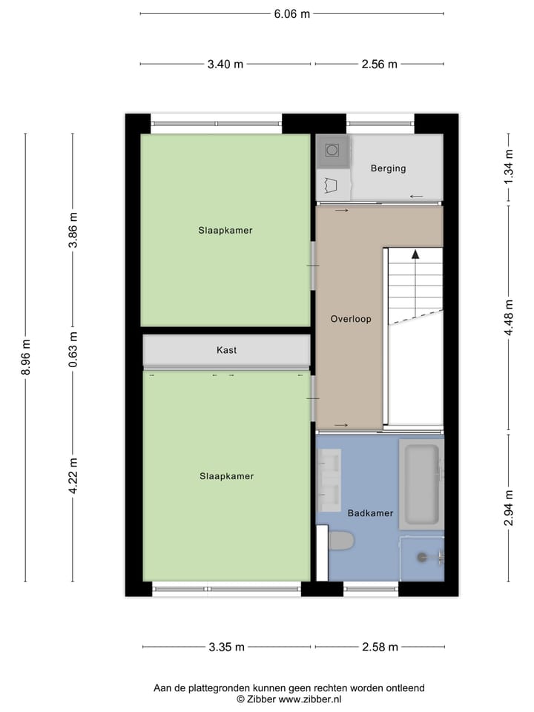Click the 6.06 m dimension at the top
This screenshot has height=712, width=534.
tap(291, 13)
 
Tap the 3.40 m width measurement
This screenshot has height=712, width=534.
tap(225, 65)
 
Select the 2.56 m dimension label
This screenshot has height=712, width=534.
tap(379, 65)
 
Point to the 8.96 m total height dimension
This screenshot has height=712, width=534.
tap(26, 357)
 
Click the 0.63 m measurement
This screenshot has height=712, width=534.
tap(73, 349)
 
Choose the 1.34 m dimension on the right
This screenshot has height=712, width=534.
tap(509, 167)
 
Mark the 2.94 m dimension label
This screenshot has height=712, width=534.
tap(509, 508)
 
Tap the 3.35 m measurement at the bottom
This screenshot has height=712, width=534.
tap(226, 647)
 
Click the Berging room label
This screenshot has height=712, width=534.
tap(388, 168)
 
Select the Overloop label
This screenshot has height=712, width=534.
tap(350, 319)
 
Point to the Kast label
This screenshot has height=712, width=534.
tap(226, 350)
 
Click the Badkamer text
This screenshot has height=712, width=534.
tap(370, 513)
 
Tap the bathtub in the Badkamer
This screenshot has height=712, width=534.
tap(421, 484)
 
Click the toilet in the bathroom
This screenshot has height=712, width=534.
tap(339, 541)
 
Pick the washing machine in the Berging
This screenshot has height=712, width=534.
tap(332, 151)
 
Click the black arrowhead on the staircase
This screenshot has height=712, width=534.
tap(415, 254)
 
